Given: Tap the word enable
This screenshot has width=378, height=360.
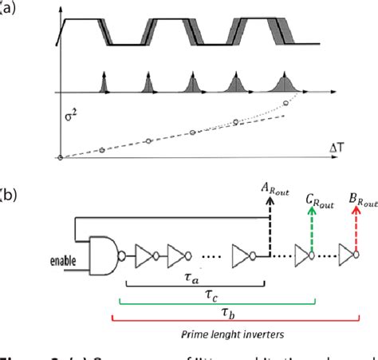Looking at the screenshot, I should pos(63,261).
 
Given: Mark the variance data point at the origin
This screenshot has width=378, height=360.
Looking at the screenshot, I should pos(59,158).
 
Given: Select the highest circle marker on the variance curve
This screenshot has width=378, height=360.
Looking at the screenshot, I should pos(285,103).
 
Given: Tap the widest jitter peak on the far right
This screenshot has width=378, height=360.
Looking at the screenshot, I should pos(285,81).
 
